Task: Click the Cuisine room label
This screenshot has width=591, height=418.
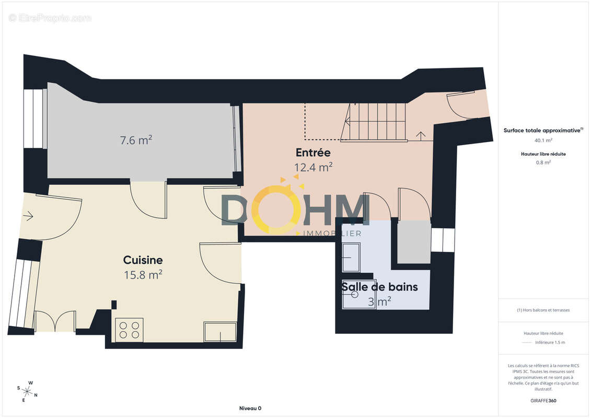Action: pos(143,260)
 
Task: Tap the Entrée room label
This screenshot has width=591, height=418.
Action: pos(313,153)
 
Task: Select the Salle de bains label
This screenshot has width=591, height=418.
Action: pos(379,287)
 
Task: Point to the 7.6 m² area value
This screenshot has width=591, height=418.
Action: pos(136,140)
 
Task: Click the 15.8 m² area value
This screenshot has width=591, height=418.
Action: pos(143,275)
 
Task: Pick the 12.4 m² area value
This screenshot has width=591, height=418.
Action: pos(313,167)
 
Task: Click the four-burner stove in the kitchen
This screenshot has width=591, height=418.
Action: pos(129,330)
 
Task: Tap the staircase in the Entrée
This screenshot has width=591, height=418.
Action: pos(374,122)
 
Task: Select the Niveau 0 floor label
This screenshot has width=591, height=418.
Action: pos(250,408)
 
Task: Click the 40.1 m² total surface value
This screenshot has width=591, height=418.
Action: pos(543,140)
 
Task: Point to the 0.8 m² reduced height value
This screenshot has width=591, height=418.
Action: pos(543,162)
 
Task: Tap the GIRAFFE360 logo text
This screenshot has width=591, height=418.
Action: pos(543,401)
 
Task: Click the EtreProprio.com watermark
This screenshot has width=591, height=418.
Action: pos(50,18)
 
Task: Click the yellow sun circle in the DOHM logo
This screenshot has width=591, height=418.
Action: pos(276,208)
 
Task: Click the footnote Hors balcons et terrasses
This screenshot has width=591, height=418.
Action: pos(543,310)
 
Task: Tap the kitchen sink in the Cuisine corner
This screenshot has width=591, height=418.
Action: pos(221,332)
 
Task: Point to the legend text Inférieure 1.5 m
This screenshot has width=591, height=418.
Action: pos(550,342)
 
